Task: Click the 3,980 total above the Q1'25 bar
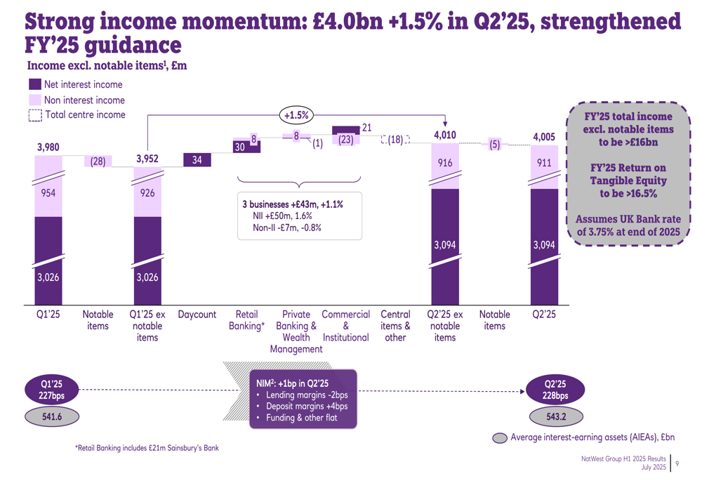tap(48, 147)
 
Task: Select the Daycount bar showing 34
tap(197, 160)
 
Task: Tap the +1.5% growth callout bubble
tap(296, 114)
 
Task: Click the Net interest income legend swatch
tap(35, 84)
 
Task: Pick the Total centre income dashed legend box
tap(35, 115)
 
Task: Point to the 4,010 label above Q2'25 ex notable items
tap(445, 135)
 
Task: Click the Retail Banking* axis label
tap(246, 320)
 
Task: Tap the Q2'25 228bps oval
tap(555, 390)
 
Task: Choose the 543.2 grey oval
tap(555, 416)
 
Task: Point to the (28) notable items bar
tap(98, 162)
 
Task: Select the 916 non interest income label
tap(445, 163)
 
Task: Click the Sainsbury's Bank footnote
tap(147, 447)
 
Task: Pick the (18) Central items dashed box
tap(395, 140)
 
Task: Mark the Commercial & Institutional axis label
tap(345, 326)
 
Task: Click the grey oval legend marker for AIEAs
tap(500, 438)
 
